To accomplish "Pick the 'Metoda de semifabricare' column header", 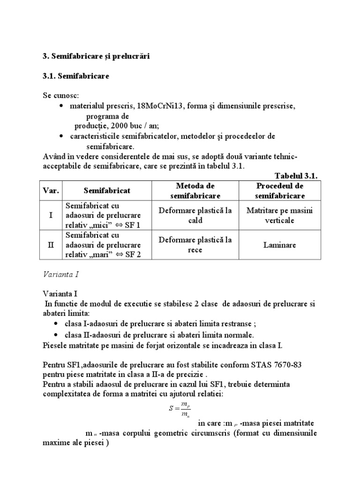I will click(x=195, y=191).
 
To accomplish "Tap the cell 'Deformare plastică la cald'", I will click(x=195, y=215).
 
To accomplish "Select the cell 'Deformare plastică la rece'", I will click(x=195, y=244).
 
